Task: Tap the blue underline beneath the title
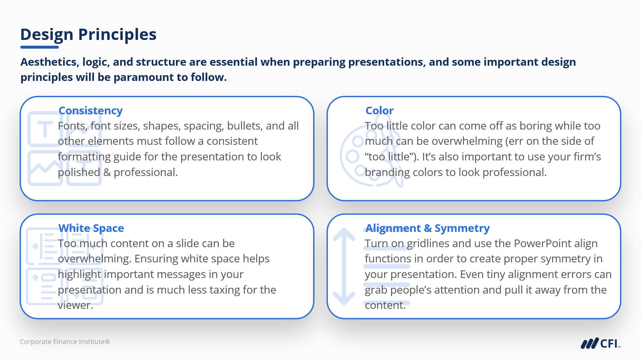pos(40,47)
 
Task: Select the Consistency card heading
pos(91,111)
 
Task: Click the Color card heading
pos(379,111)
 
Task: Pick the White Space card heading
pos(91,228)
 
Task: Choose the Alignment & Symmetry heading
pos(428,228)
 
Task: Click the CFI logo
pos(600,343)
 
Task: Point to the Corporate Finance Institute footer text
pos(65,342)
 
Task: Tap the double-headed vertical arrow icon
pos(344,266)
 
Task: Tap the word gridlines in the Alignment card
pos(428,244)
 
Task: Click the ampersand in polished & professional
pos(107,172)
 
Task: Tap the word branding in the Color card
pos(387,173)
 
